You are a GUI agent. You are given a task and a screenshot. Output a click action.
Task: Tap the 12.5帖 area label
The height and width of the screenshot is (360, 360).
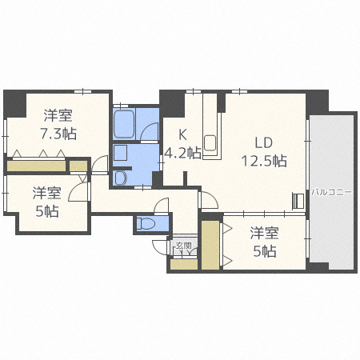[x=265, y=160]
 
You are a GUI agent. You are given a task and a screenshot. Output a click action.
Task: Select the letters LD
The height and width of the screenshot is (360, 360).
[x=265, y=142]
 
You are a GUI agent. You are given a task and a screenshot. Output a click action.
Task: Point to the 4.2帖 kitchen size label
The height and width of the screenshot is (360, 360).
[x=182, y=154]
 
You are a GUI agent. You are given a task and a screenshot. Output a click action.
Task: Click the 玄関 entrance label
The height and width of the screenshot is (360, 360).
[x=182, y=246]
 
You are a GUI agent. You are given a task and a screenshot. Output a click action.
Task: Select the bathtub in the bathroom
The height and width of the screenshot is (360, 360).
[x=124, y=125]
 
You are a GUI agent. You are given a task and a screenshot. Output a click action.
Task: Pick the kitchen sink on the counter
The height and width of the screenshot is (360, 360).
[x=210, y=143]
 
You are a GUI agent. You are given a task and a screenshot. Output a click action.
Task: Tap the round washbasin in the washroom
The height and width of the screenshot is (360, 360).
[x=121, y=178]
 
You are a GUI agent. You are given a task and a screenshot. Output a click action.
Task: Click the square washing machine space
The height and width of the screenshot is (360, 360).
[x=121, y=154]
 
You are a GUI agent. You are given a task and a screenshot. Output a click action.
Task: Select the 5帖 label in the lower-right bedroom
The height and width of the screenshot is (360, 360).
[x=265, y=252]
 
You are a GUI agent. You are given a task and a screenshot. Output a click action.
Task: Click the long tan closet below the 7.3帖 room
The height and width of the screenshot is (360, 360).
[x=36, y=166]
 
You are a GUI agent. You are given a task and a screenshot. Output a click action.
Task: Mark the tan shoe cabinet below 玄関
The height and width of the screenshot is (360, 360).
[x=182, y=264]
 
